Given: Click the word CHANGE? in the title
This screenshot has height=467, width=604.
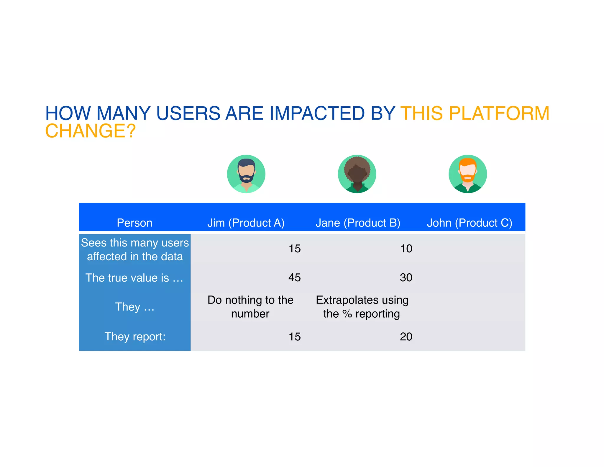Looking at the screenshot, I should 90,131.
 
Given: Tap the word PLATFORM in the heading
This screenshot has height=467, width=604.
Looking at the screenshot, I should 499,113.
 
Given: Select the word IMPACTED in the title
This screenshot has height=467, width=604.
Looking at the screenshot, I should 317,113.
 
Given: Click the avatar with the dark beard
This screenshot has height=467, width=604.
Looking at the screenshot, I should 246,174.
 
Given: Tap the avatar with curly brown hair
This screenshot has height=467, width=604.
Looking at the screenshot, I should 357,174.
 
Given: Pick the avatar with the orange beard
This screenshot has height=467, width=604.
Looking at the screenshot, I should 468,174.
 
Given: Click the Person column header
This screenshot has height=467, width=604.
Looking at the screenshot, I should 134,223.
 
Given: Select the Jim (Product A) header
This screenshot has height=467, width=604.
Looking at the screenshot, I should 246,223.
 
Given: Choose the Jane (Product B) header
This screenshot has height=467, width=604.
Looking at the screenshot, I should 358,223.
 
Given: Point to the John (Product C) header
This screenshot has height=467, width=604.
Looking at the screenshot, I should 470,223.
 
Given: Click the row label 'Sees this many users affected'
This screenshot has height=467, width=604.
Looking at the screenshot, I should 135,249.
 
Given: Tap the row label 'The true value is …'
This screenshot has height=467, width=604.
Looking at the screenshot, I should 134,278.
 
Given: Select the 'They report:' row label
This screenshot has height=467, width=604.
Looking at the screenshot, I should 135,337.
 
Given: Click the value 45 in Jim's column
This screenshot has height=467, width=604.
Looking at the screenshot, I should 294,277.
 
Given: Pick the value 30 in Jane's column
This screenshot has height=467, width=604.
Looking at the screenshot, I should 406,277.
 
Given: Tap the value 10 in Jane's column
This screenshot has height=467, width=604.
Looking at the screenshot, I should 406,249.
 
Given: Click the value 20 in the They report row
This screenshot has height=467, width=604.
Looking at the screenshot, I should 406,337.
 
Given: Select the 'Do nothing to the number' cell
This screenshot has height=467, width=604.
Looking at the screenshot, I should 250,307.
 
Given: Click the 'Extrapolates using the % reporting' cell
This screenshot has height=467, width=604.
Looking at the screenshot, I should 362,307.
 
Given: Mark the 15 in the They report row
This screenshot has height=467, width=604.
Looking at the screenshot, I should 294,337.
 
